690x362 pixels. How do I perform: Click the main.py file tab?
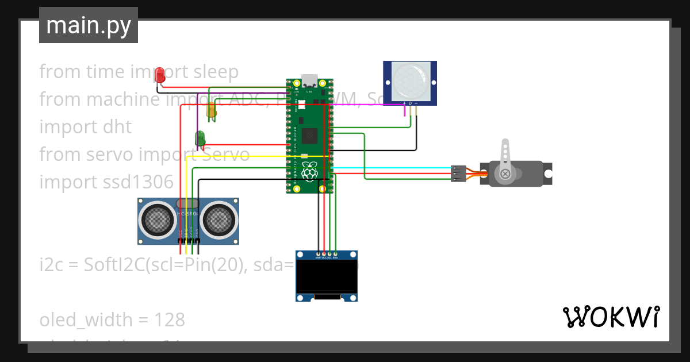[x=88, y=26]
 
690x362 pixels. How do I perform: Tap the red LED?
[x=159, y=74]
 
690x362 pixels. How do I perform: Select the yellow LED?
[x=212, y=110]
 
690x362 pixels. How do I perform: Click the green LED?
[x=200, y=138]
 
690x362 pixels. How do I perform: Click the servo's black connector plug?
[x=458, y=174]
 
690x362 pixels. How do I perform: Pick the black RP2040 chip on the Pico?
[x=310, y=136]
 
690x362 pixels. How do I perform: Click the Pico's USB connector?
[x=310, y=79]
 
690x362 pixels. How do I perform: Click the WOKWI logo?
[x=611, y=317]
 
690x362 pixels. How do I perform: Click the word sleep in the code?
[x=216, y=72]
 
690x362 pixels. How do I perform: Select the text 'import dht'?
[x=86, y=126]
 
